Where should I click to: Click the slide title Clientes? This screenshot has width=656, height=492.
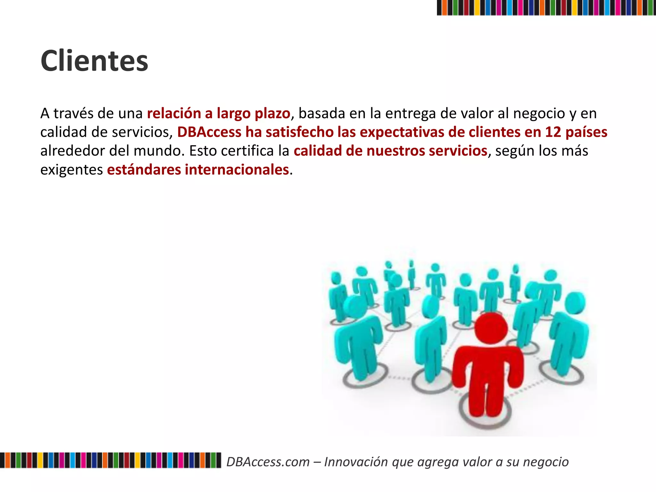[x=94, y=61]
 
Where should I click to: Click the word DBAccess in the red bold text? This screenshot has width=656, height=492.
[x=209, y=132]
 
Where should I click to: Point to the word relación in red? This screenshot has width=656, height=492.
[x=174, y=113]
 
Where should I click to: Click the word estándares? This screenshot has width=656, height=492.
[x=144, y=170]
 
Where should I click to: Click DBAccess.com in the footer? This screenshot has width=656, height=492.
[x=268, y=462]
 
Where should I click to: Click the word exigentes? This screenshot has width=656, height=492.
[x=71, y=170]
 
